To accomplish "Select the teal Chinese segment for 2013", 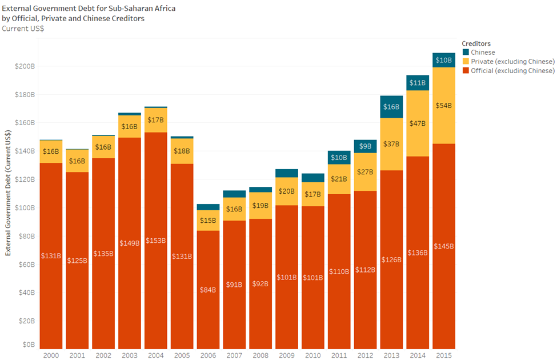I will (391, 107).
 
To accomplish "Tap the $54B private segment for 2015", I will (443, 105).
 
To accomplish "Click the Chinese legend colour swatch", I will (466, 53).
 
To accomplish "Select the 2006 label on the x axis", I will (207, 355).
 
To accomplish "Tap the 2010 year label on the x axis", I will (312, 355).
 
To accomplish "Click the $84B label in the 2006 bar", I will (208, 290).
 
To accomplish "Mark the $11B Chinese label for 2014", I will (418, 83).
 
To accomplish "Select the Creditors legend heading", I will (476, 43).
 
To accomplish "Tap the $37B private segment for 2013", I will (391, 144).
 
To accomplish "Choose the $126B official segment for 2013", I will (391, 259).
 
